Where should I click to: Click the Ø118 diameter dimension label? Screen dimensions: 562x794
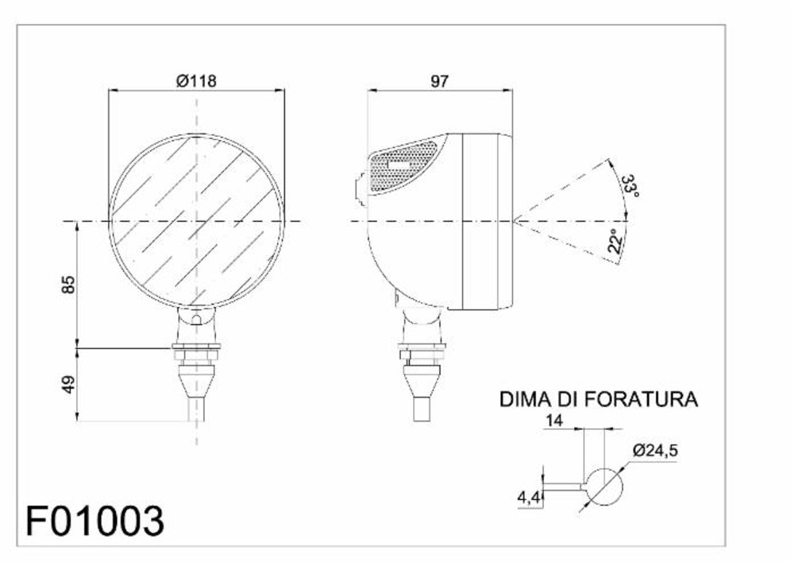pos(195,80)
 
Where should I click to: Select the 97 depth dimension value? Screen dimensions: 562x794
pos(439,80)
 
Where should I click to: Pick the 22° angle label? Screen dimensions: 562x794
pos(614,241)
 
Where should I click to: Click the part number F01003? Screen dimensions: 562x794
pos(95,521)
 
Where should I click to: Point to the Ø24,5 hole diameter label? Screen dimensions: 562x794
pos(655,451)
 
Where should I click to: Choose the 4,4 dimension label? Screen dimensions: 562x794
pos(528,498)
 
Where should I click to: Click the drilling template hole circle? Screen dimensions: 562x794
pos(603,486)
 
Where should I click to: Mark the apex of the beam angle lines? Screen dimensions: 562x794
pos(513,220)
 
